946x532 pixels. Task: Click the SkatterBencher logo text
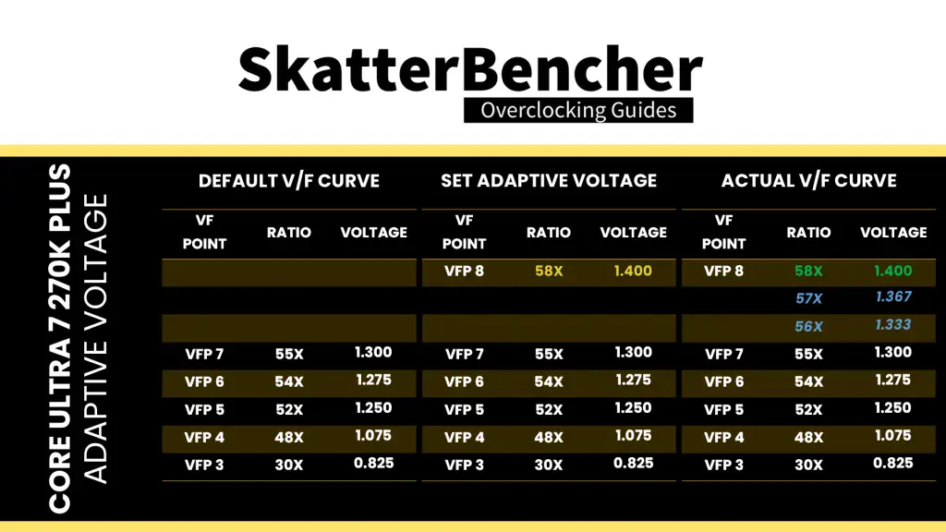[x=470, y=69]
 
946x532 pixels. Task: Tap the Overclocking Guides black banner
[x=578, y=111]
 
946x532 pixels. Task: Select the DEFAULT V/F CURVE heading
[x=289, y=180]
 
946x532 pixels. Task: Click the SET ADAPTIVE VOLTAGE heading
[x=549, y=180]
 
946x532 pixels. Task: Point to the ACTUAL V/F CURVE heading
[x=809, y=180]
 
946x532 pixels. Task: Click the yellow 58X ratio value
[x=549, y=272]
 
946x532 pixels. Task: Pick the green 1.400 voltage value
[x=893, y=271]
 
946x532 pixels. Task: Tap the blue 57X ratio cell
[x=808, y=298]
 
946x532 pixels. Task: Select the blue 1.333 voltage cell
[x=893, y=324]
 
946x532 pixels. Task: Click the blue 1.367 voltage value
[x=893, y=296]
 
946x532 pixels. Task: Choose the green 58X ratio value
[x=808, y=272]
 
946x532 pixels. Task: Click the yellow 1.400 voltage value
[x=633, y=271]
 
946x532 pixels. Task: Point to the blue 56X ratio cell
[x=808, y=326]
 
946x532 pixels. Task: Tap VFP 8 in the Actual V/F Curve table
[x=723, y=272]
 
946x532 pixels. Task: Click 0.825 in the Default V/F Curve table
[x=373, y=464]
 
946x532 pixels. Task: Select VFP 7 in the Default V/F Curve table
[x=204, y=354]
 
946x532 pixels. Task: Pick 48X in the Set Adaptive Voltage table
[x=549, y=437]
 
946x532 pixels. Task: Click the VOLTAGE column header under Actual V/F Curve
[x=893, y=232]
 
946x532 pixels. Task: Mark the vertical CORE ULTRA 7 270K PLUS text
[x=60, y=338]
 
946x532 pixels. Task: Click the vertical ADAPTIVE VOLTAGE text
[x=95, y=338]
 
